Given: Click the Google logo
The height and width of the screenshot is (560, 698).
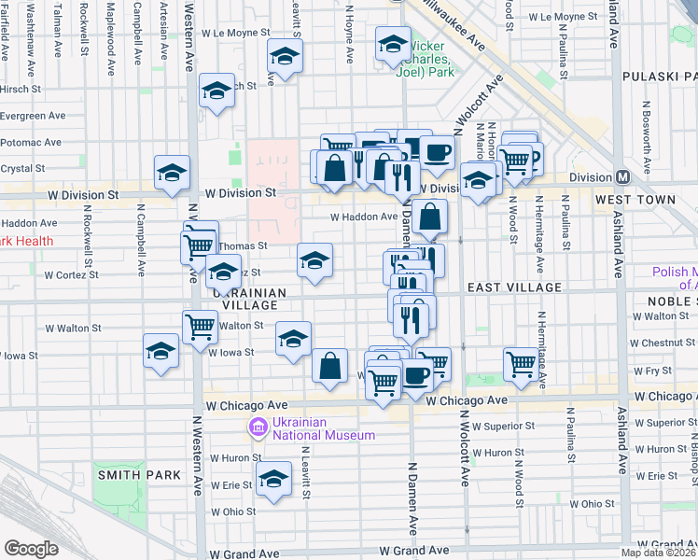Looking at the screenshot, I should point(31,549).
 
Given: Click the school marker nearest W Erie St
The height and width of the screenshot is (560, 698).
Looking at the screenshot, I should point(273,480).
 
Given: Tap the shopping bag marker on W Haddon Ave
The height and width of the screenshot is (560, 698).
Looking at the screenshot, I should point(429,217).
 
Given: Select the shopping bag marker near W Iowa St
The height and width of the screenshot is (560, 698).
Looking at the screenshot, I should point(329,365).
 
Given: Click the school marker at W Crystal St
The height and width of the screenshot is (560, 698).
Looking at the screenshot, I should point(172,173).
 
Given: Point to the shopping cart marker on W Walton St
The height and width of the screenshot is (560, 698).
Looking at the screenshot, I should point(200,328).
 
